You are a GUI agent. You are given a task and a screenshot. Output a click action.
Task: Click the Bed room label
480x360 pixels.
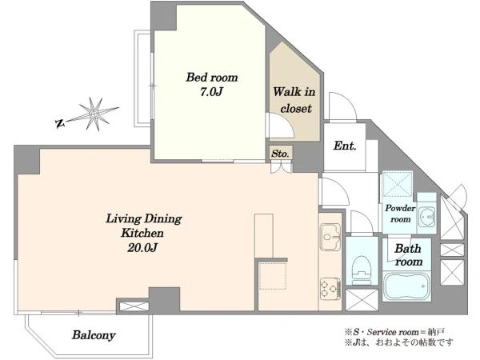click(212, 77)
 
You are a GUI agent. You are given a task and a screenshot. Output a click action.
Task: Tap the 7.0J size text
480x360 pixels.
click(211, 92)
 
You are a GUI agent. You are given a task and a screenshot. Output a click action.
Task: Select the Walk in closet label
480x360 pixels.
click(294, 100)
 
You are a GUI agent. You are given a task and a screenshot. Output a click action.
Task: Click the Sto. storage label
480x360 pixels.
click(280, 154)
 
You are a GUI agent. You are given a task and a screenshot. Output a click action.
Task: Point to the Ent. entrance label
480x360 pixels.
click(345, 146)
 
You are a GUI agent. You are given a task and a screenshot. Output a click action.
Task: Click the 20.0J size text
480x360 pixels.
click(142, 247)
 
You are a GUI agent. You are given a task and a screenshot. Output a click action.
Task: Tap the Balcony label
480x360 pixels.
click(94, 335)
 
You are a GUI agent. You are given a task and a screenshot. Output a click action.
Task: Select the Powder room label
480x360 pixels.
click(400, 214)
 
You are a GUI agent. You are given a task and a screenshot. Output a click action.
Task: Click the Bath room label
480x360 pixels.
click(408, 255)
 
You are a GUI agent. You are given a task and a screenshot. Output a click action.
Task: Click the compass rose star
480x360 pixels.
click(94, 114)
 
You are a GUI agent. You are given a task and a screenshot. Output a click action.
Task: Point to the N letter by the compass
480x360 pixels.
click(60, 123)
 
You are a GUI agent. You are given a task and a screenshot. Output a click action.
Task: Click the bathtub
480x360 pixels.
click(406, 286)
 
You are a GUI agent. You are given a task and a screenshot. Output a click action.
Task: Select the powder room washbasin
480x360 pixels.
click(426, 216)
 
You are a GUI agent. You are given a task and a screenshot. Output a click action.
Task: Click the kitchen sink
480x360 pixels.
click(330, 237)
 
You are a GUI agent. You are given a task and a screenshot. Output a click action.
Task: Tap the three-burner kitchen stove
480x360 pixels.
click(330, 289)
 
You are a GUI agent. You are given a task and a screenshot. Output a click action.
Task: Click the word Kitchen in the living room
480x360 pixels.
click(142, 233)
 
